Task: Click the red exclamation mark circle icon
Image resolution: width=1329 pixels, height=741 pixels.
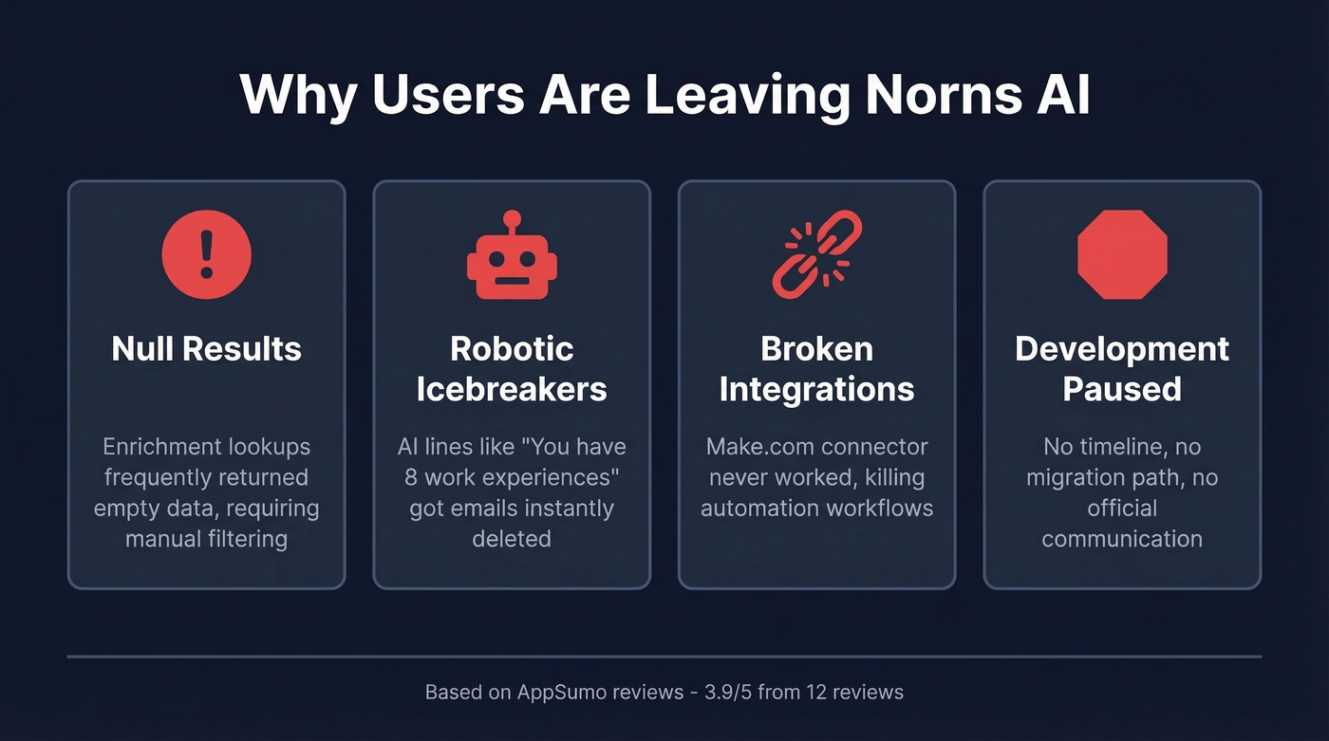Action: tap(206, 254)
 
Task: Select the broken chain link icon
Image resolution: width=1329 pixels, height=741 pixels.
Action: tap(816, 254)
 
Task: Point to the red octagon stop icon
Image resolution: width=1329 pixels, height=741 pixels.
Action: tap(1122, 254)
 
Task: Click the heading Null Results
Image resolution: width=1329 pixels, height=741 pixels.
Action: tap(206, 349)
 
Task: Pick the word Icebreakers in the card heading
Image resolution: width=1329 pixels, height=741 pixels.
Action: tap(512, 389)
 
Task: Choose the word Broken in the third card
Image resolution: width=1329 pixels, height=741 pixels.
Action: tap(816, 349)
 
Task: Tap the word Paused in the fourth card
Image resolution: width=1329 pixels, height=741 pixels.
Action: tap(1122, 389)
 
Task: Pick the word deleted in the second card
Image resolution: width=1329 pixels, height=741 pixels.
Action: tap(512, 538)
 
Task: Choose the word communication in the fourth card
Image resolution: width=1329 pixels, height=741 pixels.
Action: tap(1122, 538)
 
